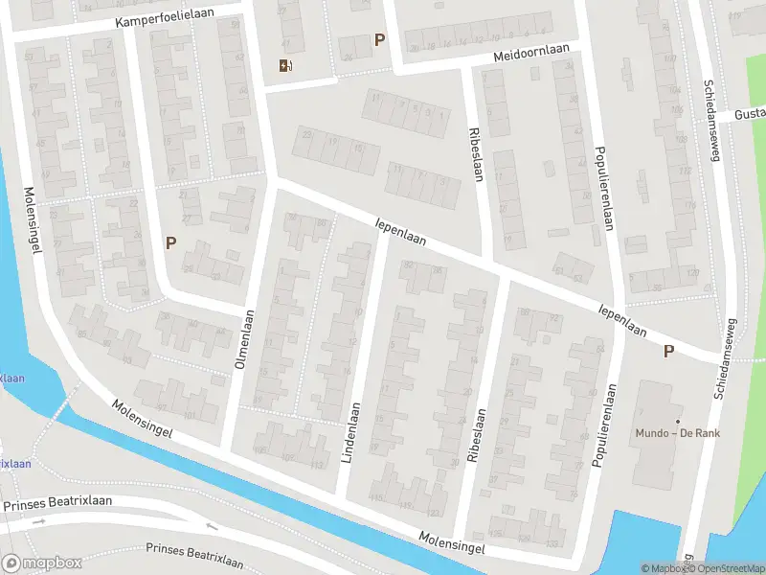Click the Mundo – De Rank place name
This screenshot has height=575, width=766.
click(677, 433)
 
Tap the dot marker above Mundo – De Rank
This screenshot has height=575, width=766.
click(677, 422)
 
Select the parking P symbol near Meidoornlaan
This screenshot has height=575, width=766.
click(380, 40)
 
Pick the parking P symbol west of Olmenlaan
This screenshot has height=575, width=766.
click(170, 242)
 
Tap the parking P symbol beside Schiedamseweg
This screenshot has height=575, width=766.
click(668, 352)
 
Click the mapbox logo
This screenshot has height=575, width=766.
click(40, 563)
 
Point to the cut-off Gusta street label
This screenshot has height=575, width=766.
click(749, 114)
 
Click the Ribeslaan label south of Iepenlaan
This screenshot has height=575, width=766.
click(472, 436)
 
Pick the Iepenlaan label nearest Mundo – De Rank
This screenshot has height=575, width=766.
click(621, 321)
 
